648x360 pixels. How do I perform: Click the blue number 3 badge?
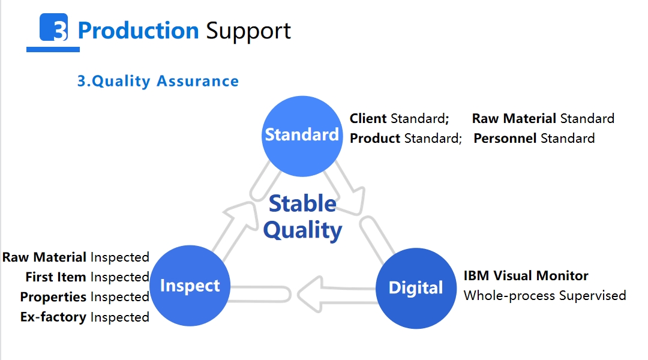click(x=54, y=27)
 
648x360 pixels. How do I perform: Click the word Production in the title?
click(x=138, y=31)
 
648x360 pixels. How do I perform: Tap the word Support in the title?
click(x=248, y=31)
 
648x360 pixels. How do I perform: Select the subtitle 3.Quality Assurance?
click(x=158, y=81)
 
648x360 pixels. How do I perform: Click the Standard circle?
click(x=302, y=136)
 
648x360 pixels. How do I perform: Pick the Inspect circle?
click(x=190, y=286)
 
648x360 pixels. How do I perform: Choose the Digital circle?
click(x=416, y=288)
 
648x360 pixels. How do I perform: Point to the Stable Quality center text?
click(x=302, y=217)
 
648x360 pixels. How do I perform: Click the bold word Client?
click(x=368, y=118)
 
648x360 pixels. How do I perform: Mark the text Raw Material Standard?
click(x=543, y=118)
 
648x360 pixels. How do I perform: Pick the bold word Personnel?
click(x=505, y=138)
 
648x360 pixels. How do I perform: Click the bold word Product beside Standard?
click(x=375, y=138)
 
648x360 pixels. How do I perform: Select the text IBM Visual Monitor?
click(x=526, y=275)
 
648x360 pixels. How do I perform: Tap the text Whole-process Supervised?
click(x=545, y=296)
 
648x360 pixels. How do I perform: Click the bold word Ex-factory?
click(x=53, y=317)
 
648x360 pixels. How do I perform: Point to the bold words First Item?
click(x=56, y=277)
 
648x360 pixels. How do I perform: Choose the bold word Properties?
click(x=53, y=297)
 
